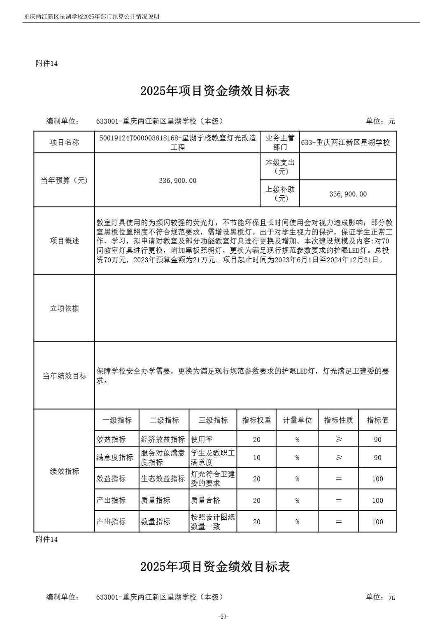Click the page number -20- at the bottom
pyautogui.click(x=223, y=616)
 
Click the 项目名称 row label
pyautogui.click(x=64, y=142)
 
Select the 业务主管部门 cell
pyautogui.click(x=280, y=142)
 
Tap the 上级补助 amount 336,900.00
pyautogui.click(x=348, y=194)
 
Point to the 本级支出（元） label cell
pyautogui.click(x=280, y=167)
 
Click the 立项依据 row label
pyautogui.click(x=64, y=308)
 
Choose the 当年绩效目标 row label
pyautogui.click(x=64, y=376)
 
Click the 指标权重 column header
pyautogui.click(x=256, y=420)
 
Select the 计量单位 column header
pyautogui.click(x=297, y=420)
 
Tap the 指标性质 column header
pyautogui.click(x=338, y=420)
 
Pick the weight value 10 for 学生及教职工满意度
pyautogui.click(x=256, y=458)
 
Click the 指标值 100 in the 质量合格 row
pyautogui.click(x=377, y=500)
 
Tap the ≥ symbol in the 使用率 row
pyautogui.click(x=338, y=439)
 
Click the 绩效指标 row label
pyautogui.click(x=64, y=471)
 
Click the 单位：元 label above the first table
pyautogui.click(x=380, y=121)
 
